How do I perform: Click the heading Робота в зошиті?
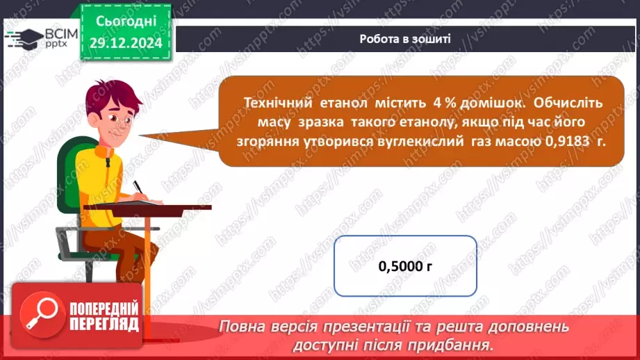(405, 38)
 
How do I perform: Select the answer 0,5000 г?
(405, 266)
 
